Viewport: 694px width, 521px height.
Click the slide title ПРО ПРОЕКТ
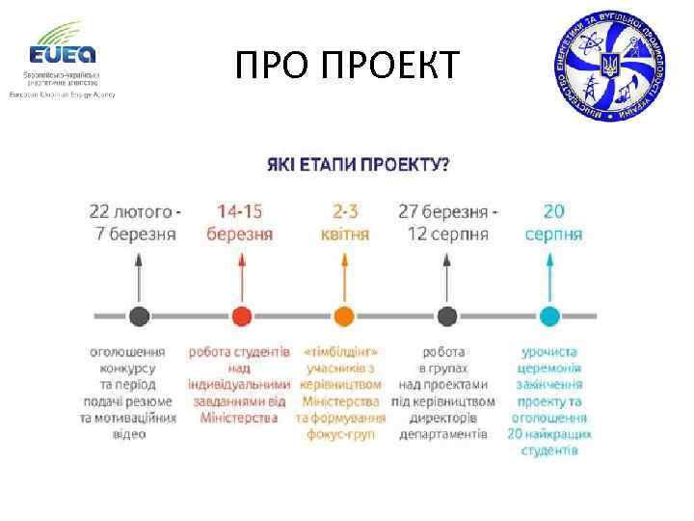tap(347, 67)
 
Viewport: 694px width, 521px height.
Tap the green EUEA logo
tap(62, 48)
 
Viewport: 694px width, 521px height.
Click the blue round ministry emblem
tap(609, 67)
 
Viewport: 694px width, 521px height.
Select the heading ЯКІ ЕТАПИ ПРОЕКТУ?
tap(357, 165)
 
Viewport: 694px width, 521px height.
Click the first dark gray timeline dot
tap(139, 315)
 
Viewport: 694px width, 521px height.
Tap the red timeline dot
tap(241, 315)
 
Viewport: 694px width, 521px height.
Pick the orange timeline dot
tap(344, 315)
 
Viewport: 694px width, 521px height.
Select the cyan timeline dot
tap(549, 315)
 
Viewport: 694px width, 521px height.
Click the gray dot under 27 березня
tap(446, 315)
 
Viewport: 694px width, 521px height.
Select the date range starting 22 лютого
tap(135, 222)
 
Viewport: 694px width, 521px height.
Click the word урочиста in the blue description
tap(549, 352)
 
